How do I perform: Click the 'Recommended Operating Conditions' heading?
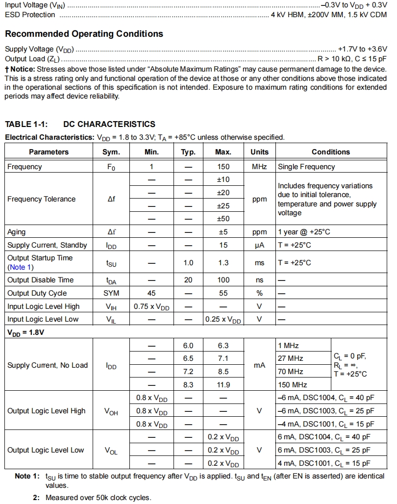pyautogui.click(x=84, y=34)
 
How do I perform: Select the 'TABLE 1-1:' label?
pyautogui.click(x=25, y=124)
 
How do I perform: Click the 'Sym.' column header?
pyautogui.click(x=111, y=152)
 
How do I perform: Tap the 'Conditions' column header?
pyautogui.click(x=331, y=152)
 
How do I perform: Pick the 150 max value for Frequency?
pyautogui.click(x=223, y=167)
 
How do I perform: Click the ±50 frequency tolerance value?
pyautogui.click(x=223, y=219)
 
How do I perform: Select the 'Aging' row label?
pyautogui.click(x=17, y=232)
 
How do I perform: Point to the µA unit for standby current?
pyautogui.click(x=259, y=245)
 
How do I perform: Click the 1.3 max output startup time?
pyautogui.click(x=223, y=263)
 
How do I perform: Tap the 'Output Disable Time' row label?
pyautogui.click(x=40, y=280)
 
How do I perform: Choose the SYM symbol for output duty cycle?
pyautogui.click(x=111, y=293)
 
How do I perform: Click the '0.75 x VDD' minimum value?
pyautogui.click(x=151, y=307)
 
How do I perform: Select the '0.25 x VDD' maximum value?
pyautogui.click(x=223, y=320)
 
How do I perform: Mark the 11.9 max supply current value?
pyautogui.click(x=223, y=385)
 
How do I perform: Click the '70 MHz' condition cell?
pyautogui.click(x=291, y=372)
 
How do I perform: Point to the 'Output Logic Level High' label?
pyautogui.click(x=46, y=411)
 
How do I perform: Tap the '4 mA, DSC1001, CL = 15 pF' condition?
pyautogui.click(x=324, y=463)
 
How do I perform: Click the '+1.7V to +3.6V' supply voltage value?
pyautogui.click(x=362, y=49)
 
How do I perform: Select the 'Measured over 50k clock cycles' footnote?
pyautogui.click(x=98, y=498)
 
